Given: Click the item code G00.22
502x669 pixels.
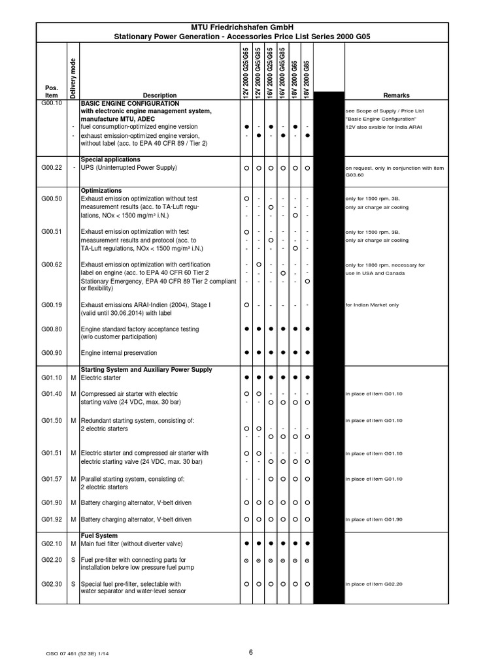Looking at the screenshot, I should click(x=52, y=168).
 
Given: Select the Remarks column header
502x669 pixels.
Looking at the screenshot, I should click(x=396, y=95).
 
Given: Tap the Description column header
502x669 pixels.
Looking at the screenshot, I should click(x=159, y=95).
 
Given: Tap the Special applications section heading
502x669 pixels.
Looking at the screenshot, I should click(x=110, y=159).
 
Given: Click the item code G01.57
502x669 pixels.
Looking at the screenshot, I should click(x=52, y=479).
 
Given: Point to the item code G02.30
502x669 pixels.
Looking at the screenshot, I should click(x=52, y=583).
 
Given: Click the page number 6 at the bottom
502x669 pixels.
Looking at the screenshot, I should click(x=250, y=651).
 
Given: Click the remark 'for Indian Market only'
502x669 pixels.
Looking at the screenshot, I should click(x=372, y=305).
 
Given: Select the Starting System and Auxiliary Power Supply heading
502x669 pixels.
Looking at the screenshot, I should click(x=146, y=370).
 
